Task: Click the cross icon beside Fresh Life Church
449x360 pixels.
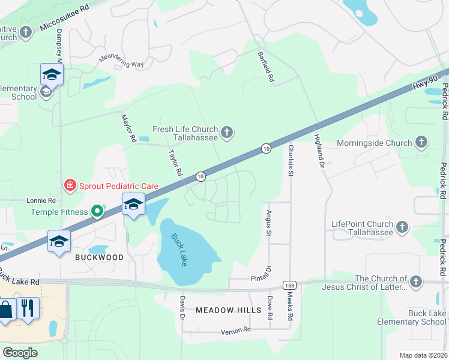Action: click(x=227, y=133)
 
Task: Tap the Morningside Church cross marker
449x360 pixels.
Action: click(x=421, y=143)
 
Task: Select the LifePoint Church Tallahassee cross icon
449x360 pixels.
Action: click(x=402, y=227)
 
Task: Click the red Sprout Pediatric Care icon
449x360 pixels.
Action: click(x=70, y=185)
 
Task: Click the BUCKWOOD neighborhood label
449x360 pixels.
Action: click(x=100, y=257)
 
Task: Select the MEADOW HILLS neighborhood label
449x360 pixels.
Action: click(x=229, y=310)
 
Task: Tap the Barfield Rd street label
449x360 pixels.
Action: click(x=266, y=67)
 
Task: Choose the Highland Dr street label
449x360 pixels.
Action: click(x=319, y=150)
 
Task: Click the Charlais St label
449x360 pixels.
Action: click(x=291, y=160)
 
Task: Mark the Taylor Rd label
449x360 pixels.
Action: click(x=175, y=163)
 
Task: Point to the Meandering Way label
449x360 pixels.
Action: click(x=121, y=60)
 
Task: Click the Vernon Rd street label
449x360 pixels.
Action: click(x=235, y=331)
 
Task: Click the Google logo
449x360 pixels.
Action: click(x=20, y=352)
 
